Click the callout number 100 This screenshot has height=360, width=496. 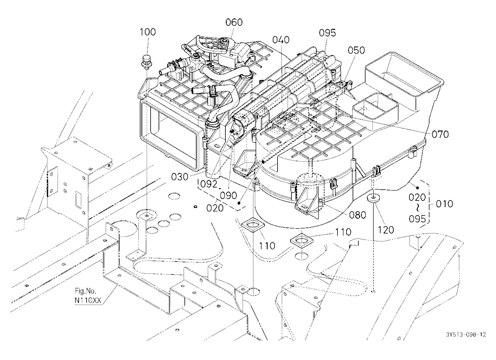[x=148, y=32]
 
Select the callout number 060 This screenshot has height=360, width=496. [x=234, y=22]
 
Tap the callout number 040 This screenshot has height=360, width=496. [x=281, y=40]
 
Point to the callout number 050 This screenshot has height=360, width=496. [x=356, y=50]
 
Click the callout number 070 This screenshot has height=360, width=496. [x=440, y=134]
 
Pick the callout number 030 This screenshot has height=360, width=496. [x=180, y=177]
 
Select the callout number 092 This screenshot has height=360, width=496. [x=209, y=183]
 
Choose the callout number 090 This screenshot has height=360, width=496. [x=228, y=195]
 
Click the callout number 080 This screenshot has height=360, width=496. [x=358, y=215]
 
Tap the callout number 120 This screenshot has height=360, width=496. [x=386, y=230]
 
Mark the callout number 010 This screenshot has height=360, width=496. [x=444, y=204]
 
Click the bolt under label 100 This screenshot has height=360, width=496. [x=146, y=62]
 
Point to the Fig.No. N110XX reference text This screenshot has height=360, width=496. [x=87, y=296]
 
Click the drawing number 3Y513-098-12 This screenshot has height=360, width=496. [x=466, y=335]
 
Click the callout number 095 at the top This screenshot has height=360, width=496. [x=327, y=33]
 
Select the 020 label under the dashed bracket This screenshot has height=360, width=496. [x=215, y=208]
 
